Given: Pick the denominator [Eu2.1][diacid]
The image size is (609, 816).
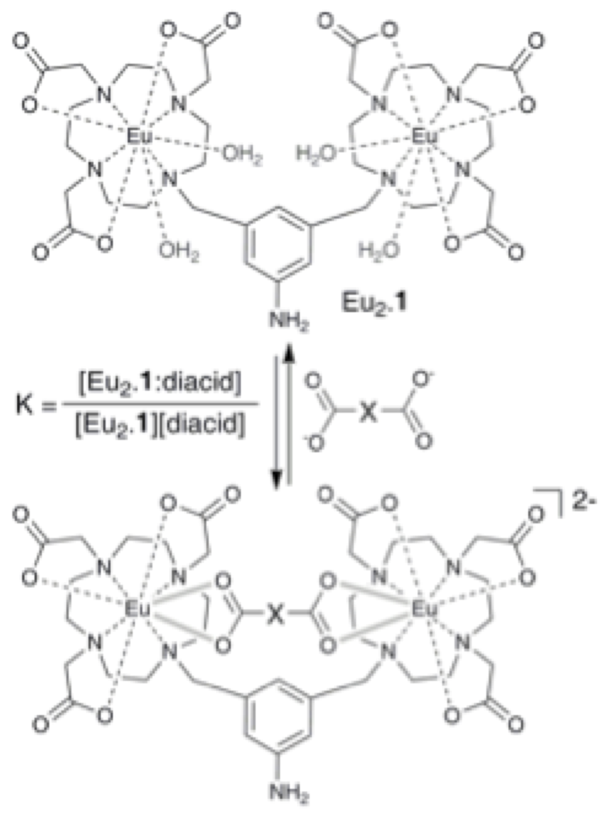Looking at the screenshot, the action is (x=160, y=425).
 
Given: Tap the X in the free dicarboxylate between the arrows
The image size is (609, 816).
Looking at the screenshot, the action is (x=367, y=414).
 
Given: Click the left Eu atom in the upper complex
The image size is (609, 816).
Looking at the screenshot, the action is (x=140, y=138).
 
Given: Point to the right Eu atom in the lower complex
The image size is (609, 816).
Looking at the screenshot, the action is (x=424, y=609).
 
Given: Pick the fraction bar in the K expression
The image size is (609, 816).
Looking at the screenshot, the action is (x=160, y=405).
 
